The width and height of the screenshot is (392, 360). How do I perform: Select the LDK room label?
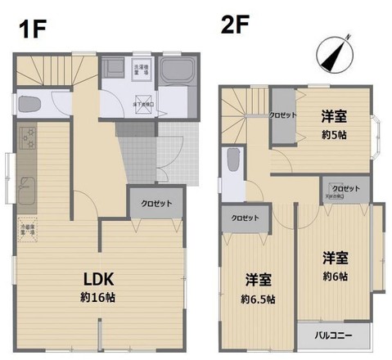(97, 278)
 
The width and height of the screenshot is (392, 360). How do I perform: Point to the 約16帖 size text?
(97, 297)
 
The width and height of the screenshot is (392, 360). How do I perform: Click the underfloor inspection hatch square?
(145, 103)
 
